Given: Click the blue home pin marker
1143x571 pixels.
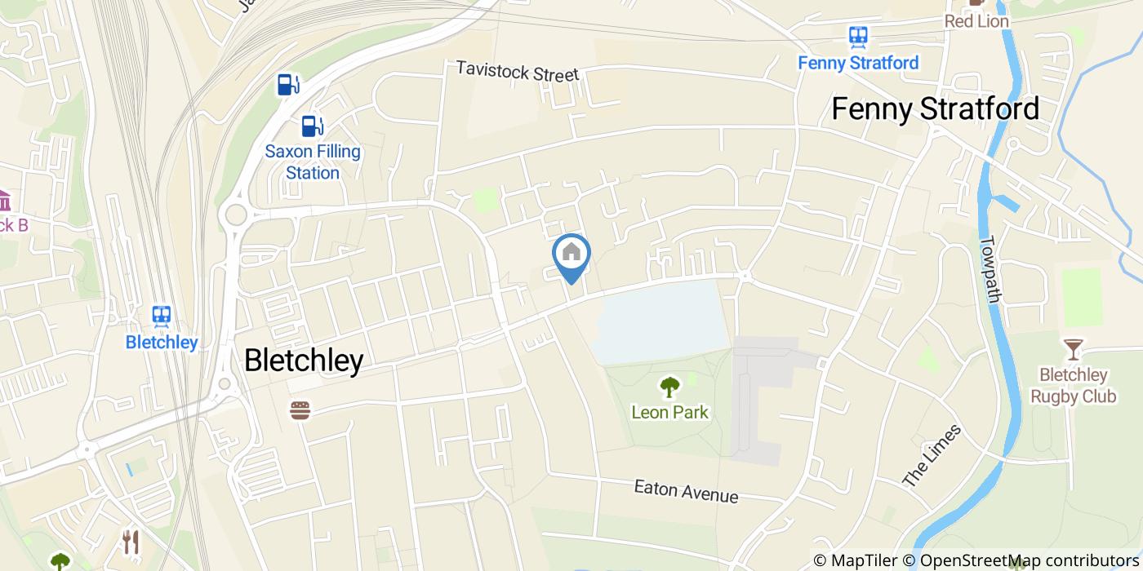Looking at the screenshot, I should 571,255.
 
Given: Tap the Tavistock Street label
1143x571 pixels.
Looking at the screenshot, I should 517,71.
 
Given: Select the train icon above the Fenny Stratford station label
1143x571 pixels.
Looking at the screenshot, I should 857,37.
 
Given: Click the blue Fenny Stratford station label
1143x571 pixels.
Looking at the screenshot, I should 858,63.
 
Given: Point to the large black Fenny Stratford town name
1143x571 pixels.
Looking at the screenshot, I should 935,108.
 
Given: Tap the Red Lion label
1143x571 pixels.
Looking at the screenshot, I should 976,21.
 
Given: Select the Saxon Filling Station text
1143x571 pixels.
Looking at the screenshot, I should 313,162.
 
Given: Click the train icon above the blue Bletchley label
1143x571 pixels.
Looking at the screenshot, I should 162,316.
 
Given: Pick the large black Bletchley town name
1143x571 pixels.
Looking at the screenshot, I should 304,360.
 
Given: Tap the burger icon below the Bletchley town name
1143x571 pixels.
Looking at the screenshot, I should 300,410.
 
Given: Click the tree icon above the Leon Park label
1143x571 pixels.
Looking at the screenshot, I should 669,386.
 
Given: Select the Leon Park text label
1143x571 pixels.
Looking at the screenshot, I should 669,412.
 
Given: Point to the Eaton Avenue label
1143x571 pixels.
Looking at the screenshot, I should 686,491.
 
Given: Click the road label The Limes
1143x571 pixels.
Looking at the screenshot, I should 932,456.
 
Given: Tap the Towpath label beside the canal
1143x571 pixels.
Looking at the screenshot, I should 990,269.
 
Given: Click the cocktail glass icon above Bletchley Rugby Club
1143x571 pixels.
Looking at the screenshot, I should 1072,350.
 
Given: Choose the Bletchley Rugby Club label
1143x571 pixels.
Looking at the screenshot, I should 1073,386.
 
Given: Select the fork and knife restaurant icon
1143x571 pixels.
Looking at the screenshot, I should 131,542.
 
